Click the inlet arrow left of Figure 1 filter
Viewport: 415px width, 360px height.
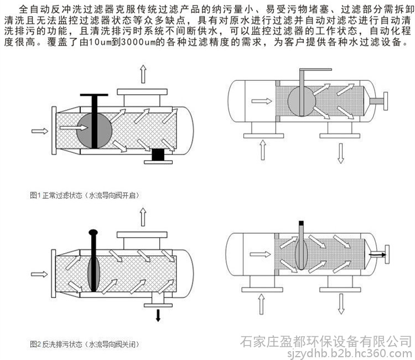coord(39,131)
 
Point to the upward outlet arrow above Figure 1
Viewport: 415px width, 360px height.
coord(143,73)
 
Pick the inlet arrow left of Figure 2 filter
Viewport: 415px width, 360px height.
coord(39,273)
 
